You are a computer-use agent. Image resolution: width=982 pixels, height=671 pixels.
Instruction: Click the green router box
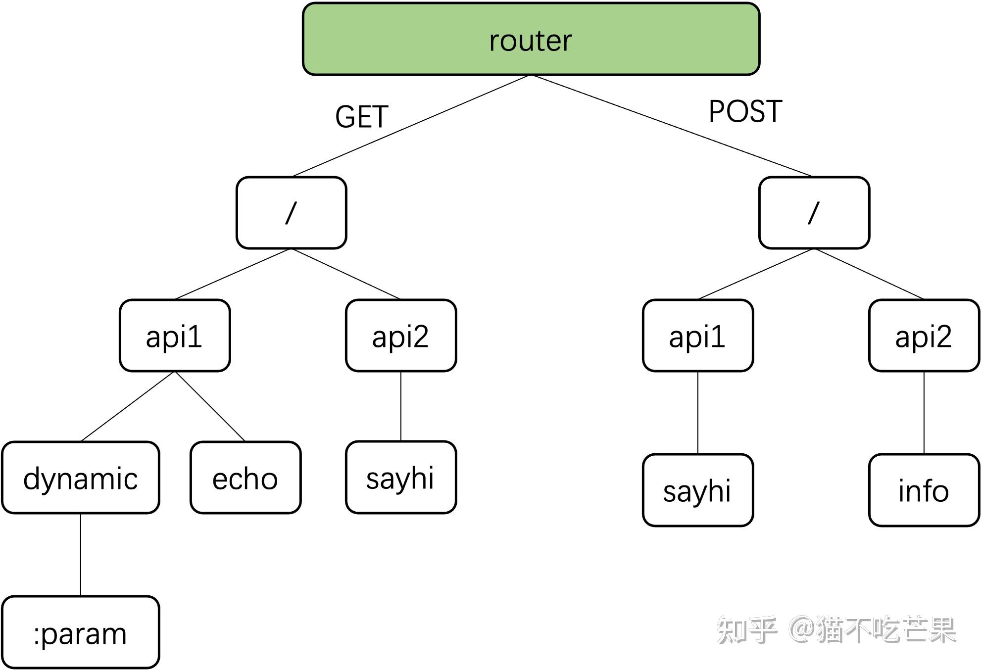(531, 39)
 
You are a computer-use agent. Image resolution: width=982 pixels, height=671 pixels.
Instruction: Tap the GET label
(362, 117)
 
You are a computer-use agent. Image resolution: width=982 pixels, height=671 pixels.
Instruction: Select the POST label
(745, 111)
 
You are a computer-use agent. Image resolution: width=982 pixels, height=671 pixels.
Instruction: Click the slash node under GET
(291, 213)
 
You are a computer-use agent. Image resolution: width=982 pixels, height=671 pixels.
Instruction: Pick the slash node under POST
(814, 213)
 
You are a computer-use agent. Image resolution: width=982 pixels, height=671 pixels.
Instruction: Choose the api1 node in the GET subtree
(175, 335)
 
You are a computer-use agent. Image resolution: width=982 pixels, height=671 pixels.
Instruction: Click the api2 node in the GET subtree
(401, 335)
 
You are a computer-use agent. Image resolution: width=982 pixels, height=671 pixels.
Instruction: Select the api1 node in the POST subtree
(698, 335)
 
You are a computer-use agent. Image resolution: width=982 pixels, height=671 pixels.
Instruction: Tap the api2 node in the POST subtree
(924, 335)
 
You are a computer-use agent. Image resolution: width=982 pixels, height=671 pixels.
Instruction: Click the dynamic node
(81, 478)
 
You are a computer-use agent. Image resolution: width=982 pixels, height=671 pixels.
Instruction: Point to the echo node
(245, 478)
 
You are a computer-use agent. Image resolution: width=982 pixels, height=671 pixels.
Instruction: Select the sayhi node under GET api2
(401, 478)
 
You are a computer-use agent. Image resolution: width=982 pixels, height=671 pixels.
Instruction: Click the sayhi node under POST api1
(698, 490)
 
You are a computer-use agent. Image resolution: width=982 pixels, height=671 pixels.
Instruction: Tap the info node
(924, 490)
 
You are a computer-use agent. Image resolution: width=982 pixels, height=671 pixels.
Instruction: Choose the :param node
(81, 632)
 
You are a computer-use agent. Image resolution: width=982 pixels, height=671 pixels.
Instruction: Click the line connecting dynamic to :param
(81, 555)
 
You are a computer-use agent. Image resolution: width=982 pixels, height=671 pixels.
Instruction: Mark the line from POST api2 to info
(924, 413)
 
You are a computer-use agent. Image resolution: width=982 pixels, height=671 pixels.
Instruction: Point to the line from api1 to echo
(210, 406)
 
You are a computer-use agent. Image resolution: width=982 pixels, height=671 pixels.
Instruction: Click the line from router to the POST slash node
(672, 126)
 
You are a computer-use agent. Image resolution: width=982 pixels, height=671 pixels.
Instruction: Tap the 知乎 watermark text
(747, 630)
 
